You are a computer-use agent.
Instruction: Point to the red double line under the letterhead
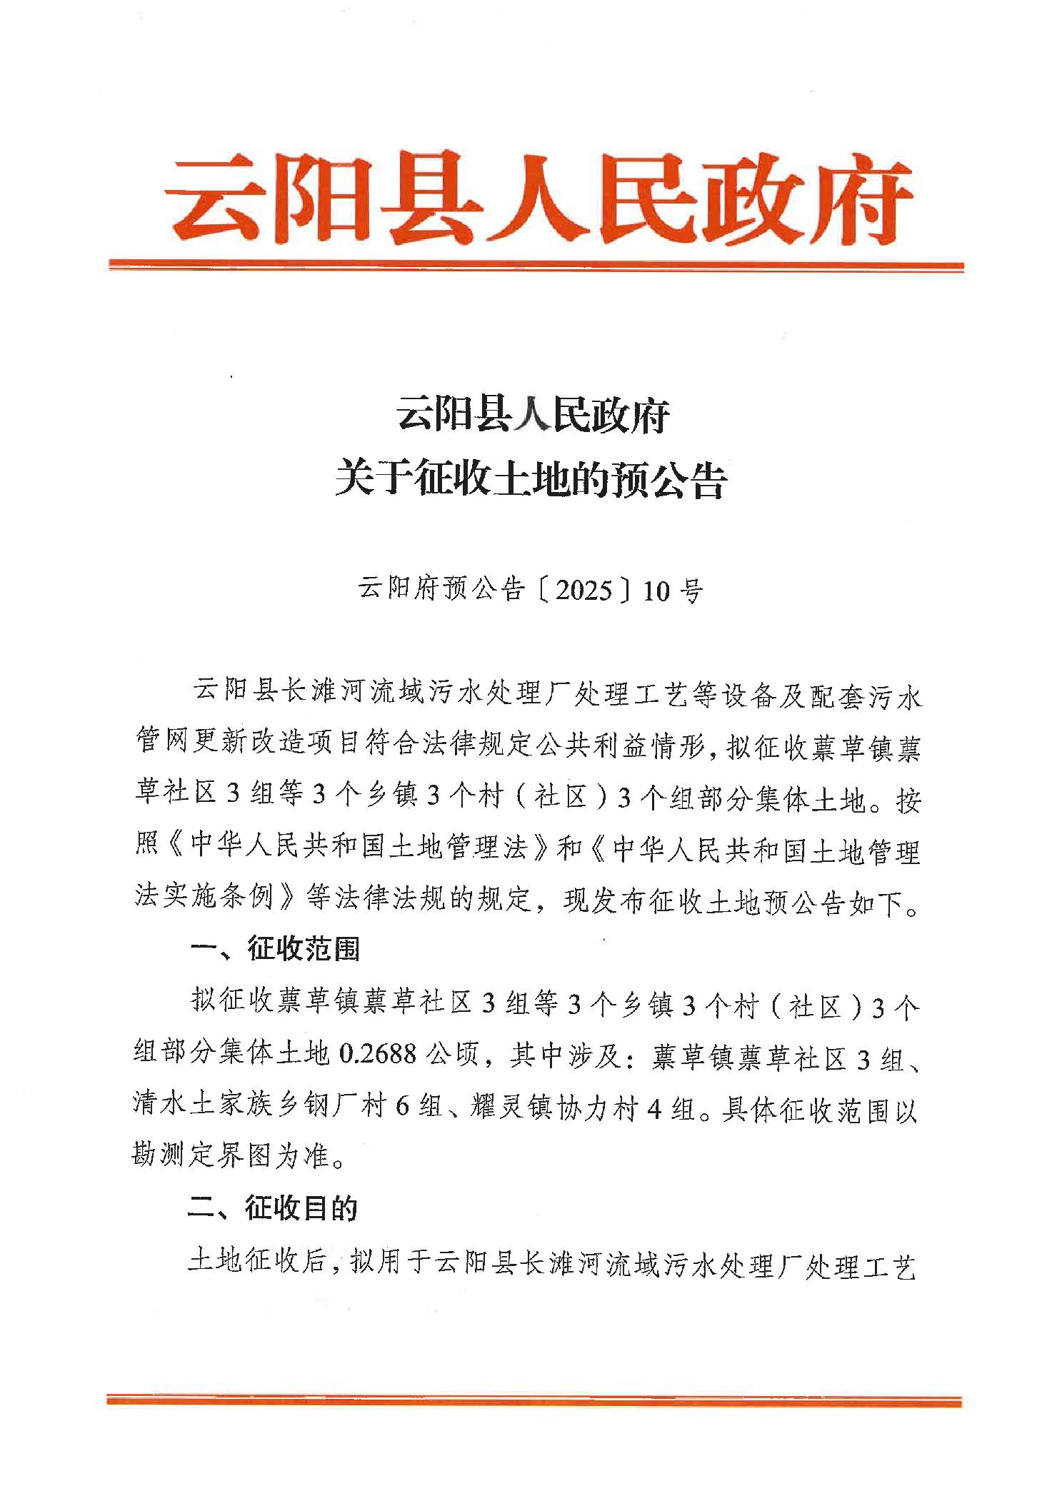click(536, 266)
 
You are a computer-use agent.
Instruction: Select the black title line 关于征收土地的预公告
click(531, 478)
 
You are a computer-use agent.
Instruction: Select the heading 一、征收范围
click(275, 949)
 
